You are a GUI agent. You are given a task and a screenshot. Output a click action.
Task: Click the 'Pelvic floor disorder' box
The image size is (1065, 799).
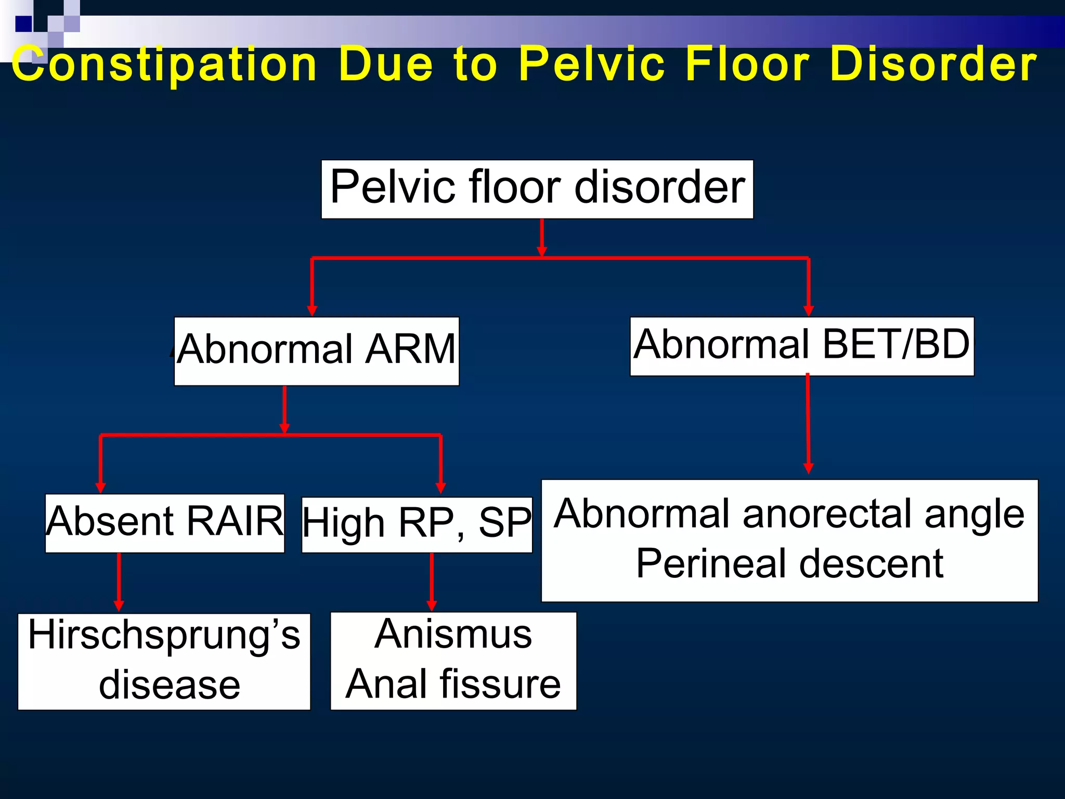(537, 189)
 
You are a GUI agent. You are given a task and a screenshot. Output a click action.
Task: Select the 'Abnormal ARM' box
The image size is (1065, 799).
(316, 351)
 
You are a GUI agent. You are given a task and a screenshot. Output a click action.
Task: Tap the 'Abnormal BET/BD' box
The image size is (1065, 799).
(801, 346)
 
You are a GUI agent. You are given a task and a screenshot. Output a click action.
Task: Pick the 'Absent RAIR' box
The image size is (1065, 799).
(164, 523)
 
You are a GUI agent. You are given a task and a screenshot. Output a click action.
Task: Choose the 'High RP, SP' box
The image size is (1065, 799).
(417, 524)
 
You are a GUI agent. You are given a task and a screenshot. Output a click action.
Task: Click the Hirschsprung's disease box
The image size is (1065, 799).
(164, 661)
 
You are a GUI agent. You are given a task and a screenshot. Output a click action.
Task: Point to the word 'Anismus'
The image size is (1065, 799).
(453, 635)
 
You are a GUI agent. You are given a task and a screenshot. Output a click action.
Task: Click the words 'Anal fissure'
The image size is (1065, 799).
(453, 685)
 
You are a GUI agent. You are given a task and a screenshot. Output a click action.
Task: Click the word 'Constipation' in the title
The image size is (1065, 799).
(164, 65)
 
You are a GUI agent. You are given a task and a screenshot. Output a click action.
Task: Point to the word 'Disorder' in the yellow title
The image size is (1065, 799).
(933, 65)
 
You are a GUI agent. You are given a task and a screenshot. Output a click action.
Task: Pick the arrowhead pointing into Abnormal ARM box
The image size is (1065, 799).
(312, 311)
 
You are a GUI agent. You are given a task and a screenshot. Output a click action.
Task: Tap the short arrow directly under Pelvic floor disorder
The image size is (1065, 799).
(542, 238)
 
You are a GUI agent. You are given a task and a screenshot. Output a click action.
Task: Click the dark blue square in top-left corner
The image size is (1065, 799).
(23, 24)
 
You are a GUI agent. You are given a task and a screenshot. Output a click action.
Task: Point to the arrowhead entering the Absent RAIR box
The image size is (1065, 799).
(101, 487)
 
